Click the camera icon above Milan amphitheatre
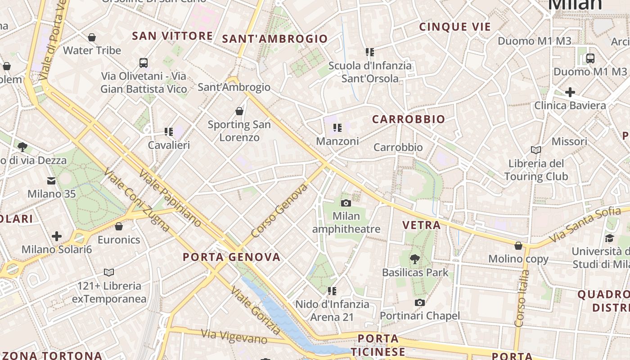(346, 203)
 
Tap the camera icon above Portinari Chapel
(420, 302)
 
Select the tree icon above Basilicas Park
(414, 259)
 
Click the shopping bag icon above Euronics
(119, 226)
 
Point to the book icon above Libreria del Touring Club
(536, 150)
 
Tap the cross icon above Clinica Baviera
(570, 92)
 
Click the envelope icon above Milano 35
(51, 181)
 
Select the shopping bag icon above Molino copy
(518, 246)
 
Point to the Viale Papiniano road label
(170, 197)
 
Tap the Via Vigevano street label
(234, 336)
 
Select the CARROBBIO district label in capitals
(409, 119)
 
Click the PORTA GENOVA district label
(232, 257)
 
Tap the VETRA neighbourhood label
(422, 225)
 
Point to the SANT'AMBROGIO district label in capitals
(275, 39)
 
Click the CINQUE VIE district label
(455, 27)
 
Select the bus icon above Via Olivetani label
(144, 63)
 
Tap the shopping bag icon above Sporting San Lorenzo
(239, 111)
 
